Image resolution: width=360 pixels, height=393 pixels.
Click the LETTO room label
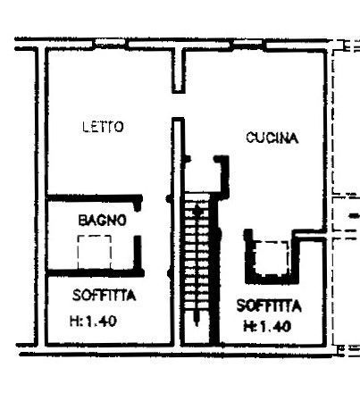click(x=103, y=127)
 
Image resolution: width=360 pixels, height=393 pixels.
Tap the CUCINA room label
click(x=272, y=138)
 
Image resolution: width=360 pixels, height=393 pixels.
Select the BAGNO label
click(x=102, y=221)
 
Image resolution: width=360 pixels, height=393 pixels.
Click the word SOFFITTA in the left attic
click(x=104, y=296)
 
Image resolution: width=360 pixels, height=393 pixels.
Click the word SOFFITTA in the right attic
click(x=269, y=305)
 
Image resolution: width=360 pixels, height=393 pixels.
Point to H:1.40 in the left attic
click(x=93, y=322)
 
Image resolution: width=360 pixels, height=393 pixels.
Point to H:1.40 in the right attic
click(x=267, y=327)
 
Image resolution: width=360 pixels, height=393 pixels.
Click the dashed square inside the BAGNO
click(x=95, y=252)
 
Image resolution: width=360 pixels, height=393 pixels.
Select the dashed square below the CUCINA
click(x=272, y=257)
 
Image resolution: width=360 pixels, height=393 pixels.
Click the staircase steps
click(x=197, y=252)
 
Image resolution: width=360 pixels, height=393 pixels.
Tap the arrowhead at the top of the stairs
click(x=197, y=209)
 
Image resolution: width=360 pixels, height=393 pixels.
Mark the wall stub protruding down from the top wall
click(x=179, y=71)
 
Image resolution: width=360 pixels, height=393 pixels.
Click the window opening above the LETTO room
click(x=112, y=44)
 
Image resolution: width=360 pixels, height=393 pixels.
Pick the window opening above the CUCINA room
click(x=247, y=44)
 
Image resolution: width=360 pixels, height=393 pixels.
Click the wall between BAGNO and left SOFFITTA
click(x=96, y=272)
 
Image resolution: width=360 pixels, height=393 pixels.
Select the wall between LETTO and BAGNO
click(x=96, y=198)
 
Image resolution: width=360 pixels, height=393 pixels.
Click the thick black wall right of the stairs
click(x=214, y=268)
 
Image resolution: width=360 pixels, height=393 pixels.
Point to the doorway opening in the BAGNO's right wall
click(x=138, y=223)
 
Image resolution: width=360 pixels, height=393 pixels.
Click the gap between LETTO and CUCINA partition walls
click(x=179, y=105)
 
